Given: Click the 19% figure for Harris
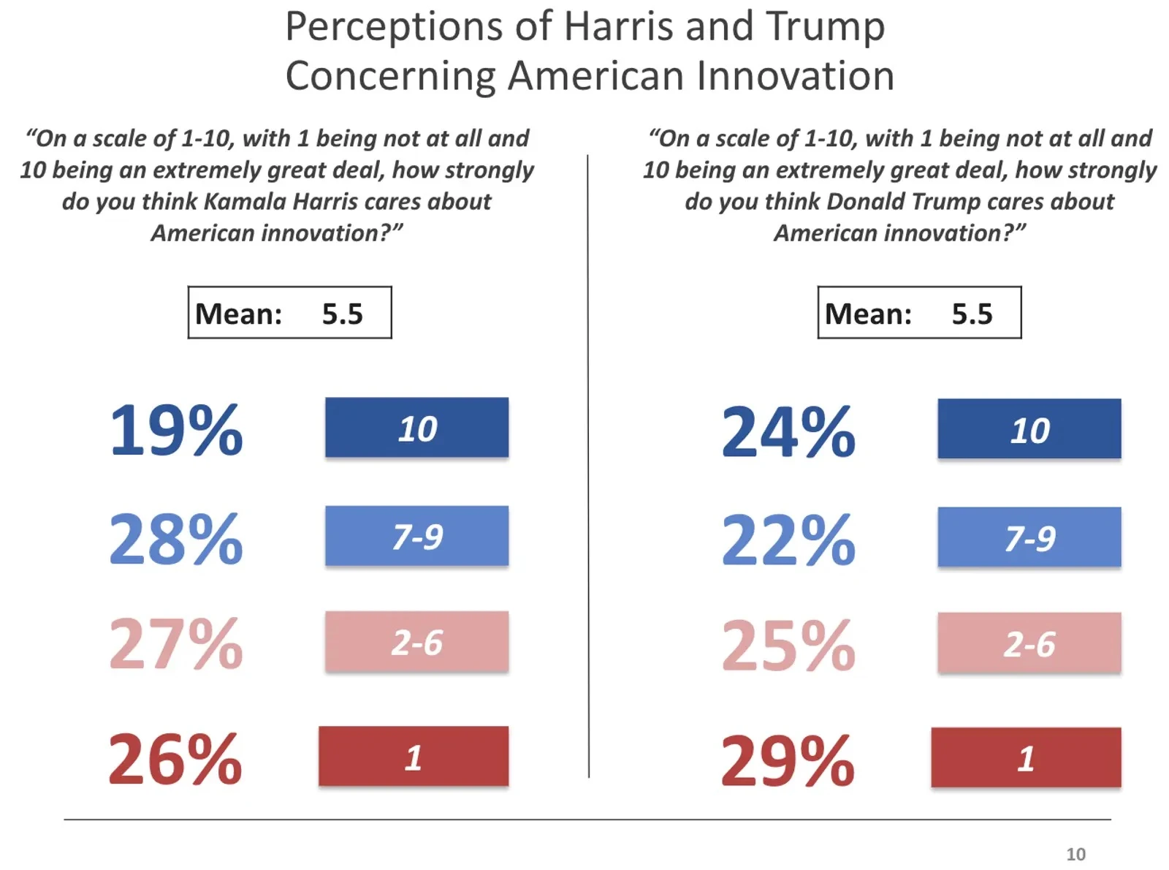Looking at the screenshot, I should [175, 430].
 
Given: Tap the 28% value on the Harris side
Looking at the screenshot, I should [175, 539].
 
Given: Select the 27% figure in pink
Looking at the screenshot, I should [175, 644].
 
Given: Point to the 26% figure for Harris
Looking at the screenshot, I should [175, 759].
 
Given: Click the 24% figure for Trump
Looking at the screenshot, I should [788, 432].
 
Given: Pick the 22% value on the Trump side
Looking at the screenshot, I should [788, 540].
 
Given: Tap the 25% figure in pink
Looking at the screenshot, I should [788, 646].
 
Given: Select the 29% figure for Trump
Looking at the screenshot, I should [788, 761].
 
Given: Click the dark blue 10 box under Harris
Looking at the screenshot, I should [416, 428].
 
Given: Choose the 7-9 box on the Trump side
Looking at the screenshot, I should [1029, 537].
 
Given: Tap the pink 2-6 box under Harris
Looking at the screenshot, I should [416, 642].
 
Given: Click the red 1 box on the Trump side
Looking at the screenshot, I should [1025, 757].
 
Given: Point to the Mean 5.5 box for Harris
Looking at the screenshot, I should [289, 313].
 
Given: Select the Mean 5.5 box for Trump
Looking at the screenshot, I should [919, 313].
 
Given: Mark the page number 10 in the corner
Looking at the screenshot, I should [1075, 854].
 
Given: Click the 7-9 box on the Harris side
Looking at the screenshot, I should [416, 536].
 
